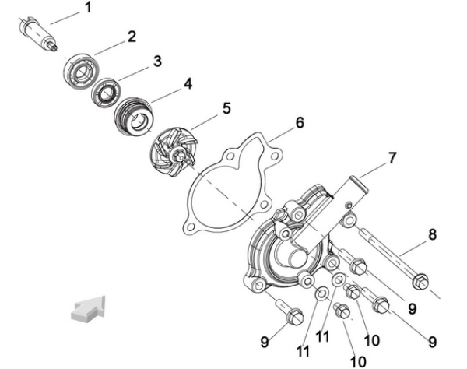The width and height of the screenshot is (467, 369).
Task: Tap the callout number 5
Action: pyautogui.click(x=226, y=108)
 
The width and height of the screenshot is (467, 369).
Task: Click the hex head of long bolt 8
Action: pyautogui.click(x=421, y=278)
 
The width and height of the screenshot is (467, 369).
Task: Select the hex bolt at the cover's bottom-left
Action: pyautogui.click(x=295, y=315)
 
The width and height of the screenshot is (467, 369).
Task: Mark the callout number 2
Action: pyautogui.click(x=132, y=36)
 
